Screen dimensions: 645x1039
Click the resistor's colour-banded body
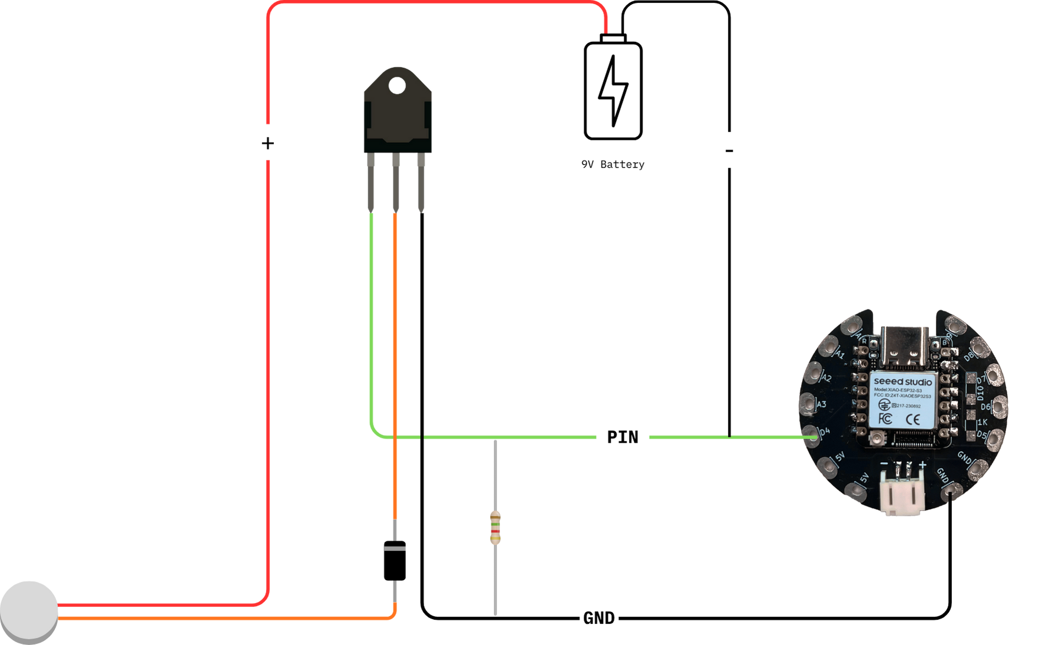click(495, 528)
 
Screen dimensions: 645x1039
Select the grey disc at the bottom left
click(29, 610)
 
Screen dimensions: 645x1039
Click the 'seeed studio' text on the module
click(902, 381)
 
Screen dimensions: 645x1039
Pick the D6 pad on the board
click(999, 406)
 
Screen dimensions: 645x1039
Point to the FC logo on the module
click(885, 418)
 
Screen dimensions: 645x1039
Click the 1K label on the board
click(982, 422)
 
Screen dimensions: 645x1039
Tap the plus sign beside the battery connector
click(922, 465)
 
